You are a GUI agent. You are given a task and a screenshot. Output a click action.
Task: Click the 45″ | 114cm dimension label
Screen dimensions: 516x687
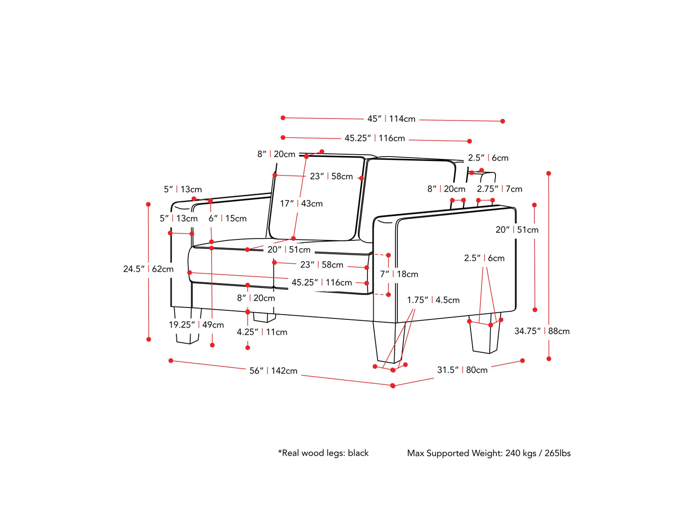(391, 119)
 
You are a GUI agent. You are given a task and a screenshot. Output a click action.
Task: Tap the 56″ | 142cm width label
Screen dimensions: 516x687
(273, 371)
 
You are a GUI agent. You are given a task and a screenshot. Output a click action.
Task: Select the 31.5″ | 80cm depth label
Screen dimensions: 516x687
(462, 370)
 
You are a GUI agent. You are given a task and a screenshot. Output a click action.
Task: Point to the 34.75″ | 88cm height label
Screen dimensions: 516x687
(542, 331)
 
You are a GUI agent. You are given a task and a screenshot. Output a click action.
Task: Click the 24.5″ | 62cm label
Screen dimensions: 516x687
(148, 269)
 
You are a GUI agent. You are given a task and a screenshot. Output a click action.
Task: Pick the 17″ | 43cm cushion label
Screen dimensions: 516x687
(301, 204)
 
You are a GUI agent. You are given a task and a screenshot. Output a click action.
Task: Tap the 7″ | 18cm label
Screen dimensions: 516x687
(399, 274)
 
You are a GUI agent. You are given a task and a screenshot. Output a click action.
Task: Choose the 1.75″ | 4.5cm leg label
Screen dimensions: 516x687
(433, 300)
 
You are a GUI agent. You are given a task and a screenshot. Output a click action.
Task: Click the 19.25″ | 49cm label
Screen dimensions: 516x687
(196, 325)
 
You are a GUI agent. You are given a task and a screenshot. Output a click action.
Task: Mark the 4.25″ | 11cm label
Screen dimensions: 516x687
(262, 332)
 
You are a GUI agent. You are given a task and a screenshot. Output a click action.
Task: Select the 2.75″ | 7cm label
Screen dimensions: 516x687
(499, 189)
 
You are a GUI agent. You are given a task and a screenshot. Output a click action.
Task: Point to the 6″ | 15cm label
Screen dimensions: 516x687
(227, 218)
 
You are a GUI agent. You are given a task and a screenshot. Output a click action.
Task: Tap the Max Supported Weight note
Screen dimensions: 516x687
(488, 453)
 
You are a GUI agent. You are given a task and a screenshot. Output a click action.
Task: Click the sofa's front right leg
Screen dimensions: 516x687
(389, 343)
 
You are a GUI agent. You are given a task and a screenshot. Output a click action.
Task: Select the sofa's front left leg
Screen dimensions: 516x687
(187, 327)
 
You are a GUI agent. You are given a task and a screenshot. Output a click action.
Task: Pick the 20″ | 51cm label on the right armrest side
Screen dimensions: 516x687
(517, 230)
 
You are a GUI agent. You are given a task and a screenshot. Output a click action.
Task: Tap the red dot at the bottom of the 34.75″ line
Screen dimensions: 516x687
(549, 358)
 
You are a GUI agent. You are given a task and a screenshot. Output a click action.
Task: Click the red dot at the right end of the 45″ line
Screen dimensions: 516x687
(503, 121)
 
